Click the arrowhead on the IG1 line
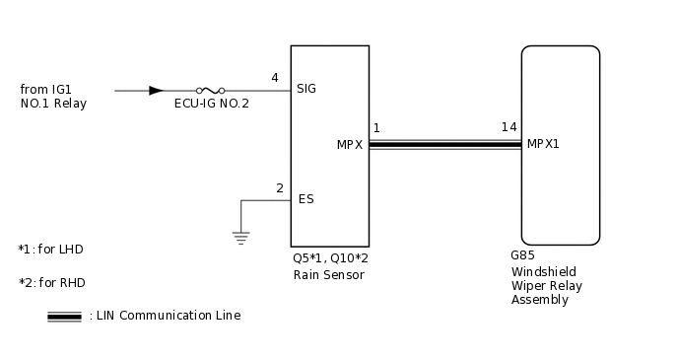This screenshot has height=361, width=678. point(156,91)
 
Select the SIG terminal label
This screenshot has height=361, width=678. point(306,89)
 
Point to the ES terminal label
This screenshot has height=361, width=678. point(305,199)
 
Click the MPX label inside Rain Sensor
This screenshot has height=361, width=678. point(350,145)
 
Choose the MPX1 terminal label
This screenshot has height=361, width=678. point(543,143)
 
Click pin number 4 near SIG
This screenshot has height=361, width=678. point(275,77)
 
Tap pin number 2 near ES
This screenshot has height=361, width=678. point(280,187)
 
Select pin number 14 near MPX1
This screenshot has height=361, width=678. point(508,127)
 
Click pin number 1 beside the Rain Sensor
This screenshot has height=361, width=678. point(376,127)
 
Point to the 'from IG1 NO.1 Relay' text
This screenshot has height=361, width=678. point(53,97)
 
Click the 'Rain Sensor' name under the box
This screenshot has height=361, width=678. point(328,275)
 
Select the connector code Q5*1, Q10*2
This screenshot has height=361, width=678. point(330,258)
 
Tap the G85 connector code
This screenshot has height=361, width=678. point(522,254)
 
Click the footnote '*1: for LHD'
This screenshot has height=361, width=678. point(51,249)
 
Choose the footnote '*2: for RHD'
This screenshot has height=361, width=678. point(51,283)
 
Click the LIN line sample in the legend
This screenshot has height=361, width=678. point(64,317)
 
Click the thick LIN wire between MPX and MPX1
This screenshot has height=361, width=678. point(444,145)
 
